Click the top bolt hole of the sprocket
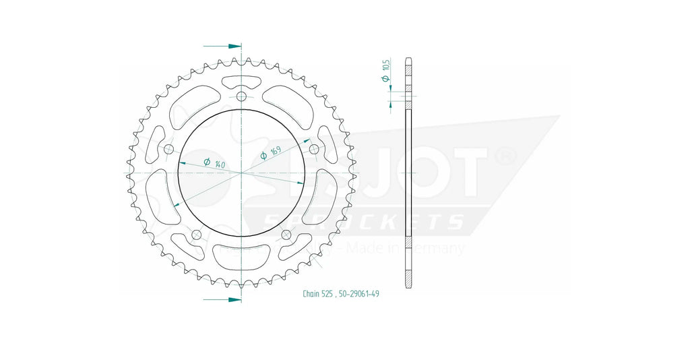click(x=241, y=96)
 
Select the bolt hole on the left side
click(x=168, y=149)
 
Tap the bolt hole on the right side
click(x=314, y=149)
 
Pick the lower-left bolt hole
click(x=197, y=235)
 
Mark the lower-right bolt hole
click(x=286, y=235)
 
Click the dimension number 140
click(x=219, y=164)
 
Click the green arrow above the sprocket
click(x=222, y=47)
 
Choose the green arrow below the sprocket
click(x=222, y=299)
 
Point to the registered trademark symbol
click(x=505, y=156)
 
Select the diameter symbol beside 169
click(x=263, y=156)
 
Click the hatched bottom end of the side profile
click(x=408, y=278)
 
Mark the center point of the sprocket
click(x=241, y=173)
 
